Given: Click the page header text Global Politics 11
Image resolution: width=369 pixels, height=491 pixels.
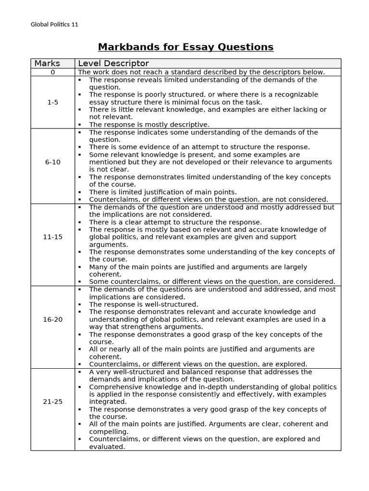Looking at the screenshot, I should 54,24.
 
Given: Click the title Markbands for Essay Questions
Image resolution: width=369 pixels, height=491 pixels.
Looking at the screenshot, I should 185,47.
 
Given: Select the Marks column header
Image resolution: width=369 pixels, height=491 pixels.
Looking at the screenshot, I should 47,63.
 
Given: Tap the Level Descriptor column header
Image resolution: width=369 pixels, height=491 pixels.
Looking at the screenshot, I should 113,63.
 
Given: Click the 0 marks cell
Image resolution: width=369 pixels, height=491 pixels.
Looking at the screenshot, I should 52,72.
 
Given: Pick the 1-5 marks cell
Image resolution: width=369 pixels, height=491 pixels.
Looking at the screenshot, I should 52,102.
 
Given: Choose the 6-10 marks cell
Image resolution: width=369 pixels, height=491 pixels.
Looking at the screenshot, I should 52,162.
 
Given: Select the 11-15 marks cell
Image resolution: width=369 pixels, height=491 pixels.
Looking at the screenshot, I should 52,237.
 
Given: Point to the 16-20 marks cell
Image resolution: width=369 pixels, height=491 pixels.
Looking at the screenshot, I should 52,319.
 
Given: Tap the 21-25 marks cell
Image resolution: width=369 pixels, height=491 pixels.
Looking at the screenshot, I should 52,402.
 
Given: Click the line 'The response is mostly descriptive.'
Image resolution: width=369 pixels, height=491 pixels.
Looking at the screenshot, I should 149,125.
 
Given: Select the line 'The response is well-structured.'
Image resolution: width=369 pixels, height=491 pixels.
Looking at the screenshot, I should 143,304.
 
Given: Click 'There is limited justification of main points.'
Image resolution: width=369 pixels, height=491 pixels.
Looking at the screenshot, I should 162,192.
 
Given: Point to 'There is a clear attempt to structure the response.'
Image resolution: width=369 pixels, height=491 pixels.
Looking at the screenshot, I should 175,222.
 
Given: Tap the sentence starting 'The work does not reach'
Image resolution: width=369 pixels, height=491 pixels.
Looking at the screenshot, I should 201,72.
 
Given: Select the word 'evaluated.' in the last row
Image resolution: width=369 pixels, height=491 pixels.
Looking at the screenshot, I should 107,446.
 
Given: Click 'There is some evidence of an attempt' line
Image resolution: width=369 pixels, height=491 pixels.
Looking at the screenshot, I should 199,147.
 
